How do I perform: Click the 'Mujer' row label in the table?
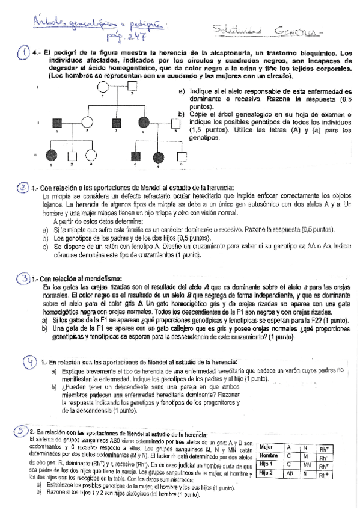tap(267, 447)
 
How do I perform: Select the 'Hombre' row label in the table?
tap(269, 456)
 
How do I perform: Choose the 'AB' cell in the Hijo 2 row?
tap(290, 475)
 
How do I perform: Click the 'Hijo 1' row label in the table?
tap(267, 465)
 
